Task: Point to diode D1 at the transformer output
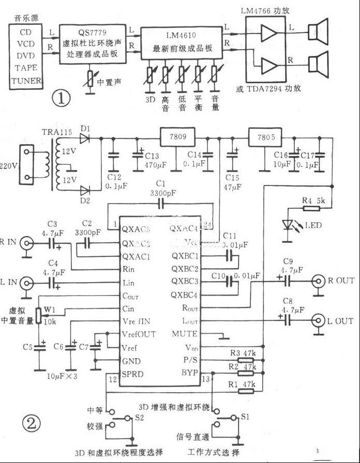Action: pos(86,138)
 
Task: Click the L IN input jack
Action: pos(25,283)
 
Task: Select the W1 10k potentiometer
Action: pos(38,314)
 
